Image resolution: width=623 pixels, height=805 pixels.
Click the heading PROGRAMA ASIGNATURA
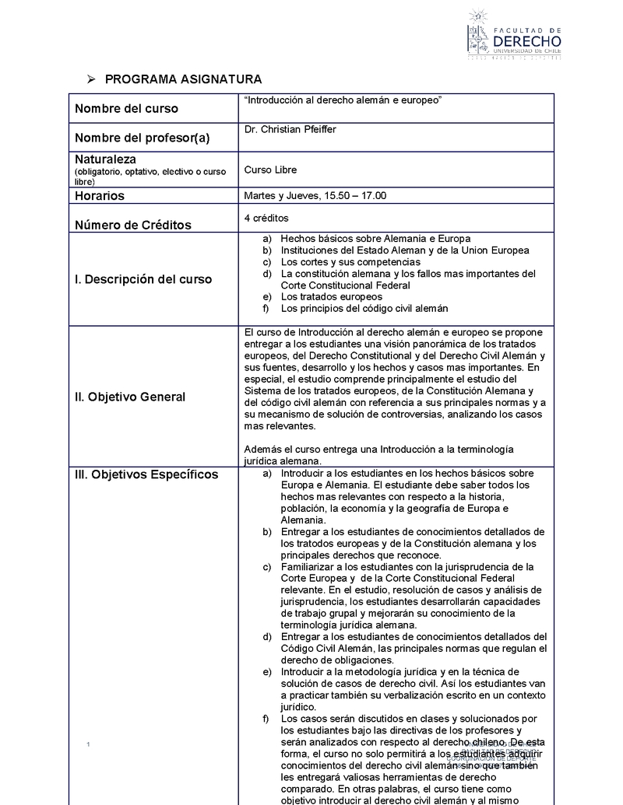coord(183,79)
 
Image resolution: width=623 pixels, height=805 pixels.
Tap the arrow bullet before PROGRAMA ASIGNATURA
coord(91,79)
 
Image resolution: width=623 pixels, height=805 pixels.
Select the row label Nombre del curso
coord(126,109)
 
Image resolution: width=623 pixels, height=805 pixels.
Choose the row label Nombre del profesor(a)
coord(143,138)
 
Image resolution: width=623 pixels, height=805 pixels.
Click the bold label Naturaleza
coord(106,159)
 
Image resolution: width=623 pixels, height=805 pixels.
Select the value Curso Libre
coord(270,170)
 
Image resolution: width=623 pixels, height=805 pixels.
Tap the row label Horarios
coord(100,196)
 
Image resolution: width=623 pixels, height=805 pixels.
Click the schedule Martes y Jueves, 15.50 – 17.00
coord(315,196)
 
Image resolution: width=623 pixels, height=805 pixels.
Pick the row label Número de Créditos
coord(133,226)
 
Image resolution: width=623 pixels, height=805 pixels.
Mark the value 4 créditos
coord(266,218)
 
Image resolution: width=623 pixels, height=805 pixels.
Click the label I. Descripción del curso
coord(143,279)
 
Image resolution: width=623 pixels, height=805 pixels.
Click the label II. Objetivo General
coord(130,397)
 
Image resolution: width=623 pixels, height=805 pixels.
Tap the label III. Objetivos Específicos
coord(146,475)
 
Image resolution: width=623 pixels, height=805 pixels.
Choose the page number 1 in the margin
coord(90,747)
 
